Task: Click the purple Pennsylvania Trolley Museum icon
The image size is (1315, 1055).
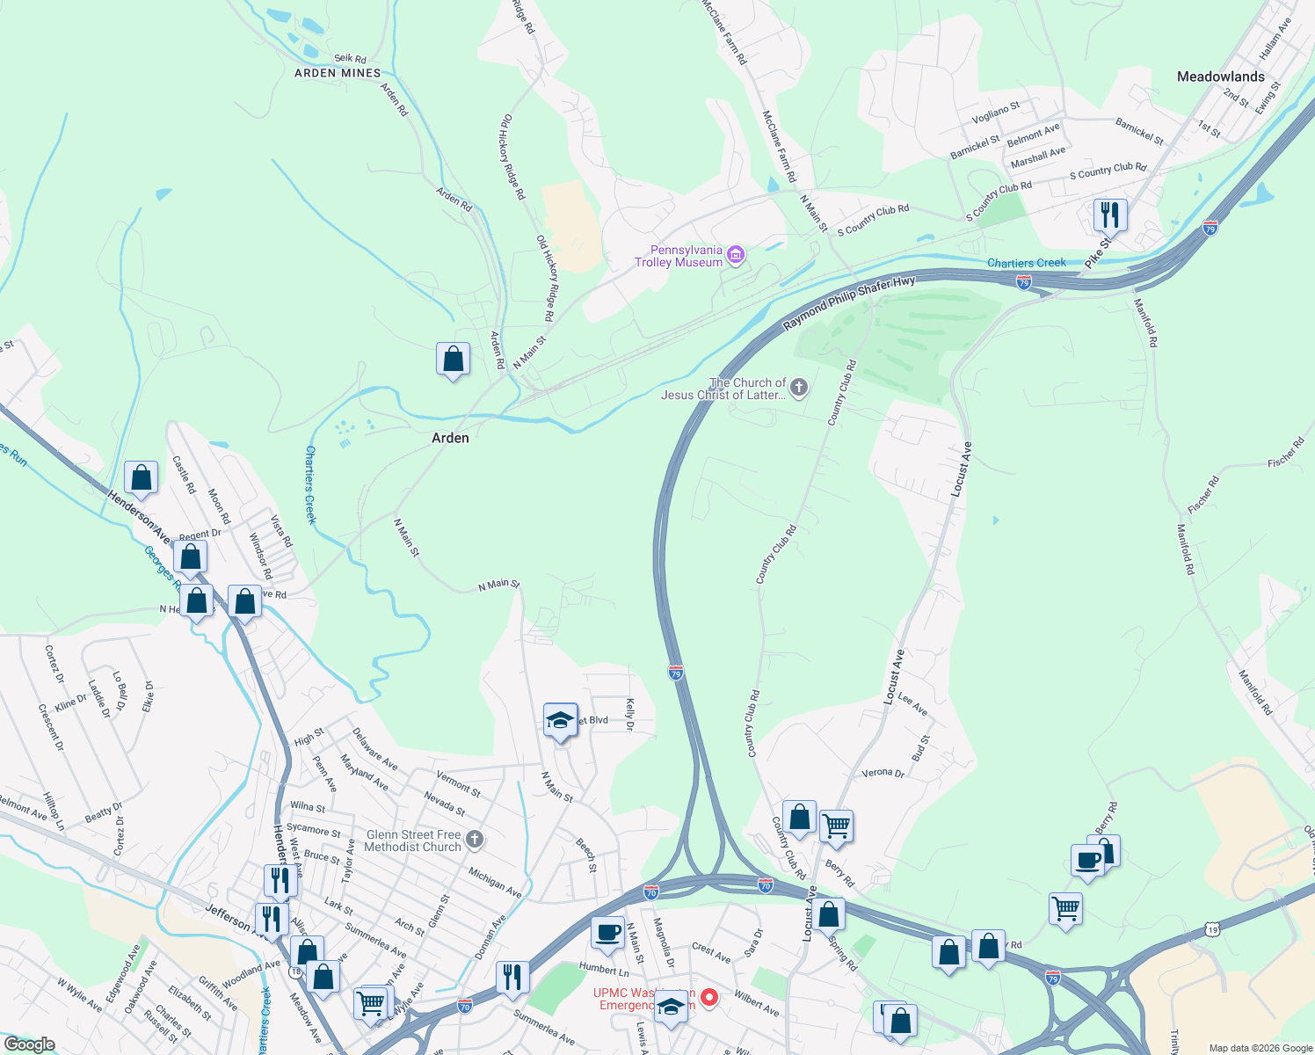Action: click(x=737, y=256)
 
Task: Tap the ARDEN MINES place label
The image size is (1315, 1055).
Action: click(x=338, y=73)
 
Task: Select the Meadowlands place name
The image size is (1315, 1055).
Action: click(x=1220, y=76)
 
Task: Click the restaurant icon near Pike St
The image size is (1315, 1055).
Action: click(x=1110, y=214)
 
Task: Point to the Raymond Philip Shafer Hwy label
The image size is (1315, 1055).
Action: click(x=849, y=303)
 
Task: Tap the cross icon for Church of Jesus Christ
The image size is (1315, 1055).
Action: click(x=798, y=388)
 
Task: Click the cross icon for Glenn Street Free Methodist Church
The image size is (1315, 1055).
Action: click(x=475, y=840)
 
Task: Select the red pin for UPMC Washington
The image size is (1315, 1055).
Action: click(x=708, y=998)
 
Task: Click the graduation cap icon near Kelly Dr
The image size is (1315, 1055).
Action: click(x=560, y=721)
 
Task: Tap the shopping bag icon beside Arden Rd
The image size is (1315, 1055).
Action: click(x=453, y=359)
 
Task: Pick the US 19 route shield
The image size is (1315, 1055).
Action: click(x=1213, y=928)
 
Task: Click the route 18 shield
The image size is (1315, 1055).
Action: click(x=296, y=971)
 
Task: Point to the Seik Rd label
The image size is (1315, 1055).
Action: click(x=350, y=59)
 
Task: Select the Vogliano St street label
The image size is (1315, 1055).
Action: click(x=995, y=113)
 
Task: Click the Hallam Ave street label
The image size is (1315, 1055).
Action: click(x=1275, y=40)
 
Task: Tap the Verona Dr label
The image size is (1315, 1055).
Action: click(x=883, y=773)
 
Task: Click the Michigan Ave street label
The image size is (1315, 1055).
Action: click(x=495, y=882)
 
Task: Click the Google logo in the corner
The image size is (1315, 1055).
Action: click(x=29, y=1044)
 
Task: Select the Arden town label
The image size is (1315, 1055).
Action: click(x=450, y=438)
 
